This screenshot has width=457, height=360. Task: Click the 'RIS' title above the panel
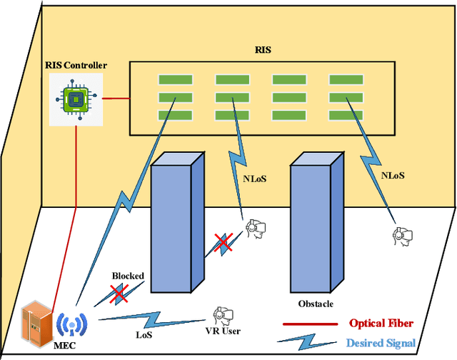[x=263, y=51]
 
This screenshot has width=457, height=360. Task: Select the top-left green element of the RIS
[x=171, y=79]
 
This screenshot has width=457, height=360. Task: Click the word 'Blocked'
[x=128, y=276]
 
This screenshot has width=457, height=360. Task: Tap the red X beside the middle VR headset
[x=224, y=243]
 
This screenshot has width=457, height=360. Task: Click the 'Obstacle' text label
[x=316, y=304]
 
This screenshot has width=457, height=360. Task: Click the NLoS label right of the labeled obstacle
[x=394, y=174]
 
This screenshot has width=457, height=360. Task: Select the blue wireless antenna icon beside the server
[x=70, y=324]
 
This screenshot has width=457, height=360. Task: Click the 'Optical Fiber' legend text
[x=381, y=323]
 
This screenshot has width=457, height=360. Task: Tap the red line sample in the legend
[x=309, y=324]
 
